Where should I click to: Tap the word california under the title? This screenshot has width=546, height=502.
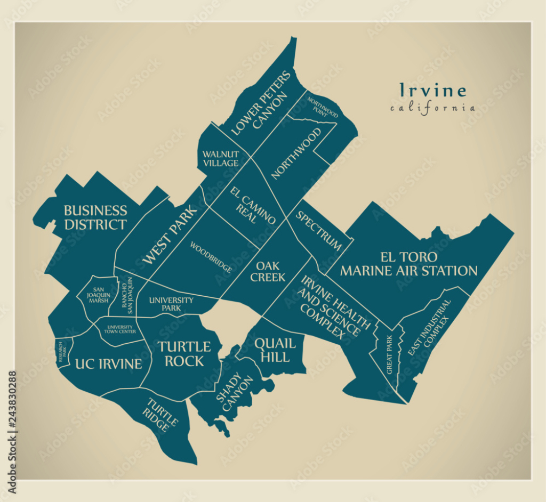pyautogui.click(x=432, y=108)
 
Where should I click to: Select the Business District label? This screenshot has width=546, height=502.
pyautogui.click(x=95, y=217)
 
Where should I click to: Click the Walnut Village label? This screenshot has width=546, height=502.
pyautogui.click(x=220, y=159)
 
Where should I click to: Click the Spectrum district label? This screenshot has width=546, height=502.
pyautogui.click(x=319, y=231)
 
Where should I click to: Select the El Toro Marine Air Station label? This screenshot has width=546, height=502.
pyautogui.click(x=408, y=264)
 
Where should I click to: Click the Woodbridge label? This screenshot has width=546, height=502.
pyautogui.click(x=211, y=257)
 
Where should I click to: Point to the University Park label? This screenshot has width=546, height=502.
pyautogui.click(x=171, y=304)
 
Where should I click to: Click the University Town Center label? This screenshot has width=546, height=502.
pyautogui.click(x=121, y=329)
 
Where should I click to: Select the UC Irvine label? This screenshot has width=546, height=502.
pyautogui.click(x=108, y=364)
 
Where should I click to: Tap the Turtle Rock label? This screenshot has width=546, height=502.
pyautogui.click(x=184, y=354)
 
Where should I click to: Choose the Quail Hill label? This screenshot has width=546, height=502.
pyautogui.click(x=272, y=350)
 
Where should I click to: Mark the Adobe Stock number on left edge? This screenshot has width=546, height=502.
pyautogui.click(x=12, y=432)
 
